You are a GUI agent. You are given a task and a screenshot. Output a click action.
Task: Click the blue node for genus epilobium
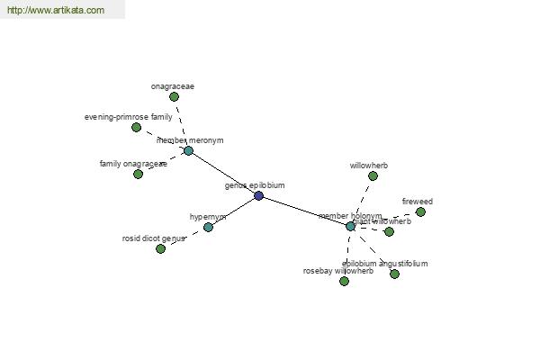pyautogui.click(x=258, y=195)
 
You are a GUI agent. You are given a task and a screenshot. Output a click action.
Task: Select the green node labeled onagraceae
pyautogui.click(x=174, y=96)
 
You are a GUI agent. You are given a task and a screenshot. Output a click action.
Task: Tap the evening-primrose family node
pyautogui.click(x=137, y=127)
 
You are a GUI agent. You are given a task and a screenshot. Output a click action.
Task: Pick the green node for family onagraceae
pyautogui.click(x=138, y=174)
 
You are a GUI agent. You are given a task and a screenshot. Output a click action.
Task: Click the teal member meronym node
pyautogui.click(x=188, y=150)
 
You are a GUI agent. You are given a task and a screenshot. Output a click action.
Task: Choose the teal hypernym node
pyautogui.click(x=208, y=227)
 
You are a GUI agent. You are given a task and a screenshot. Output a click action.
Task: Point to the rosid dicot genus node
pyautogui.click(x=160, y=248)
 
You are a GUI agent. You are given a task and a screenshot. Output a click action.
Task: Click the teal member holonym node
pyautogui.click(x=350, y=226)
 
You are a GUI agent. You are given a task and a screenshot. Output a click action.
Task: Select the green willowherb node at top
pyautogui.click(x=373, y=175)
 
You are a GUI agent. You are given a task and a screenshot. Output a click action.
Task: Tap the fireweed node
pyautogui.click(x=420, y=211)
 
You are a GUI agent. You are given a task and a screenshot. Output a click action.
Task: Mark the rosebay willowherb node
pyautogui.click(x=344, y=281)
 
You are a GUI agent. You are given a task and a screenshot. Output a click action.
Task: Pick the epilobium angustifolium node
pyautogui.click(x=394, y=274)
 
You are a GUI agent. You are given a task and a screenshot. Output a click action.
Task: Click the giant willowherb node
pyautogui.click(x=389, y=231)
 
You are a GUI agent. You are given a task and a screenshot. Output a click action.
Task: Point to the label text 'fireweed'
pyautogui.click(x=417, y=201)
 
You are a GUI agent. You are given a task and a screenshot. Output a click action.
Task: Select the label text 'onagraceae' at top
pyautogui.click(x=172, y=86)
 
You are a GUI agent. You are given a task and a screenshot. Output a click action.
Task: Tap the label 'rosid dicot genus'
pyautogui.click(x=154, y=238)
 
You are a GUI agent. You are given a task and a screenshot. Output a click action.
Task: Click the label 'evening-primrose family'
pyautogui.click(x=128, y=117)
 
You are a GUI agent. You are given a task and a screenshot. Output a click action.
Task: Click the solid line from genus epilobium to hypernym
pyautogui.click(x=233, y=211)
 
